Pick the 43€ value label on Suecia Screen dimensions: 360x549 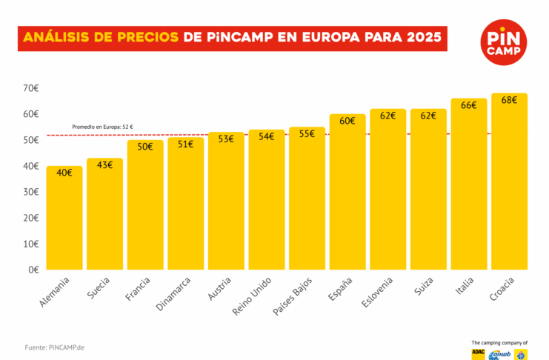pyautogui.click(x=105, y=164)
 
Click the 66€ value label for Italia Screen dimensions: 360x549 pyautogui.click(x=469, y=105)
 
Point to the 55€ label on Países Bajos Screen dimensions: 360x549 pyautogui.click(x=307, y=134)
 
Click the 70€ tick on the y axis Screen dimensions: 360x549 pyautogui.click(x=30, y=88)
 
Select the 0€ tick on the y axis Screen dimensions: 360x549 pyautogui.click(x=33, y=270)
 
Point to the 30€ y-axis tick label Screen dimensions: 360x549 pyautogui.click(x=30, y=192)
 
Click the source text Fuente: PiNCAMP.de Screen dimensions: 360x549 pyautogui.click(x=54, y=347)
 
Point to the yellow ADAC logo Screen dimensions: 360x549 pyautogui.click(x=479, y=354)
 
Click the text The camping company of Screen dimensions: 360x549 pyautogui.click(x=499, y=342)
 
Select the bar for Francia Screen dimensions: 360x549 pyautogui.click(x=145, y=205)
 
